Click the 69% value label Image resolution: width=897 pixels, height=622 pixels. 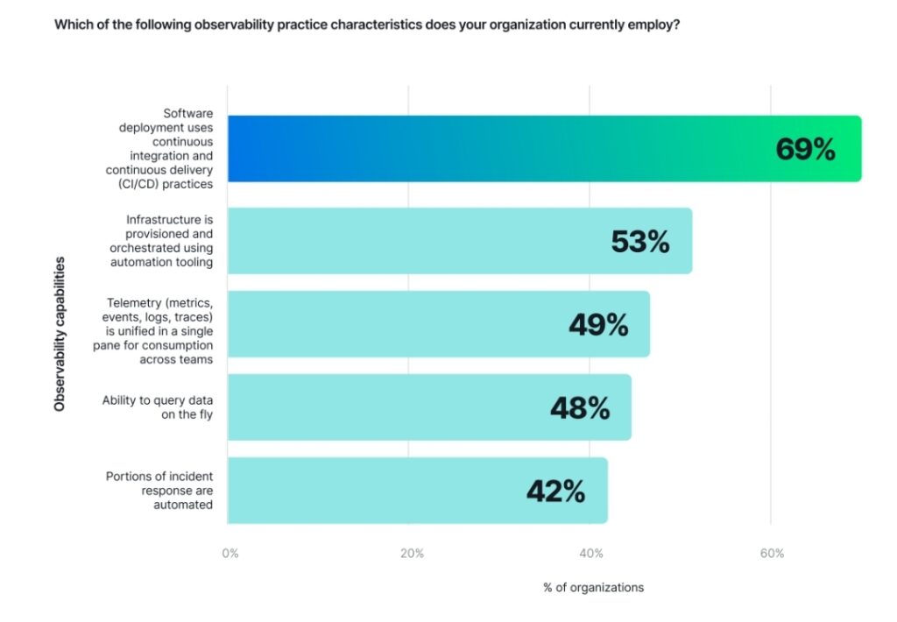[x=805, y=149]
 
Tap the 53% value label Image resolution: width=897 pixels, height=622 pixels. [x=639, y=241]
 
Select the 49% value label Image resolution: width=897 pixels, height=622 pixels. [x=598, y=324]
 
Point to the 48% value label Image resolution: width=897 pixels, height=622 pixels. [x=580, y=407]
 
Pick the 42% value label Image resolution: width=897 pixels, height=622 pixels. [x=555, y=491]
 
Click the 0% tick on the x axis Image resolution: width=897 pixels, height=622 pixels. [x=230, y=554]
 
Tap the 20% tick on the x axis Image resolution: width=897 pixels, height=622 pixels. [x=412, y=554]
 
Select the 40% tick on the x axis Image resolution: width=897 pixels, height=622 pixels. [x=591, y=554]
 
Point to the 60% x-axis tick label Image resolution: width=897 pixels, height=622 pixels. [x=772, y=554]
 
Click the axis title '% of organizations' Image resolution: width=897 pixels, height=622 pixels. [x=593, y=587]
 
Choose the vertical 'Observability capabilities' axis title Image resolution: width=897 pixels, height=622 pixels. [x=60, y=334]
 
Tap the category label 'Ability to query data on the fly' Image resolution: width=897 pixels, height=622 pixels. [x=157, y=407]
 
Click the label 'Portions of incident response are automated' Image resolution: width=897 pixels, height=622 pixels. [x=159, y=491]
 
